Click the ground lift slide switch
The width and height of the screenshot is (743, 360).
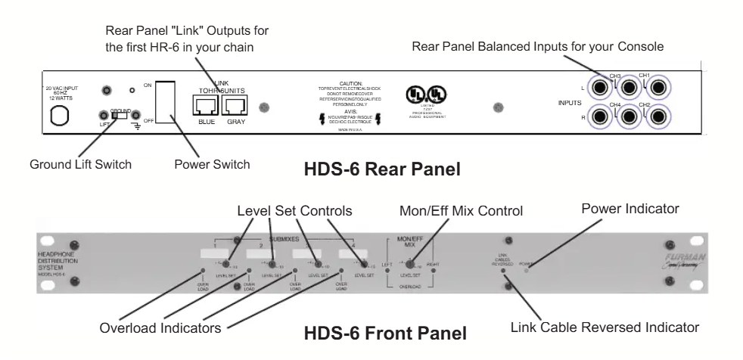120,116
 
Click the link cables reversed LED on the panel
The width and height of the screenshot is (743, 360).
502,268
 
